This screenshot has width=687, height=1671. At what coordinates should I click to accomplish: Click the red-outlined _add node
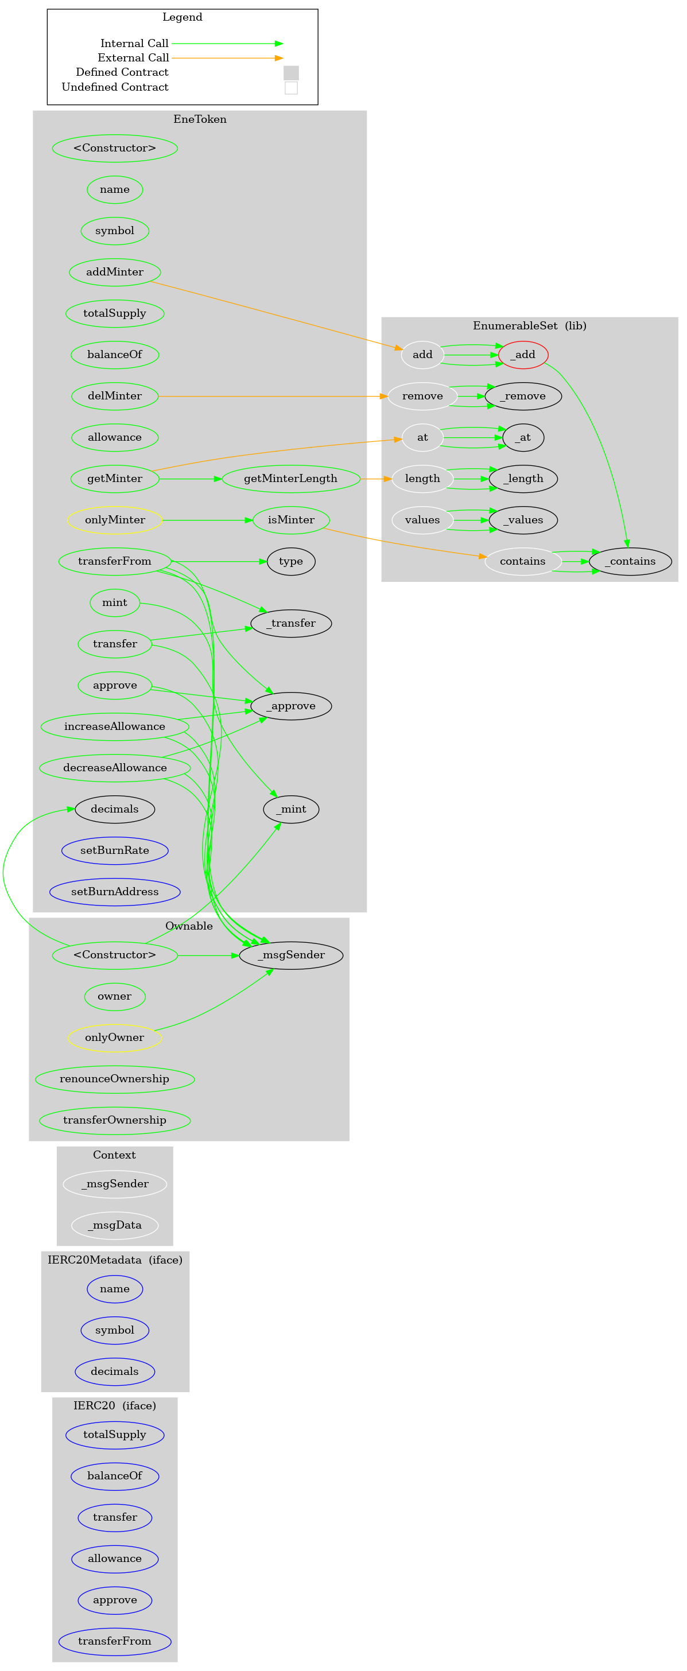(523, 355)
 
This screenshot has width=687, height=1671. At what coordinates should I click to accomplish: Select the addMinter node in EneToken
(115, 272)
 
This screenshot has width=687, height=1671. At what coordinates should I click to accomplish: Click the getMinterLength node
(290, 479)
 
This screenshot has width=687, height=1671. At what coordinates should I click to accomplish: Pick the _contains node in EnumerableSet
(630, 561)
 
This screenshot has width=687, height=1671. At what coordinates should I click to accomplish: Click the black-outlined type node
(290, 561)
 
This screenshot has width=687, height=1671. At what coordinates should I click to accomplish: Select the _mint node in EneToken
(290, 809)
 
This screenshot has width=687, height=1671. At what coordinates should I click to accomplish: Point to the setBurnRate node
(115, 850)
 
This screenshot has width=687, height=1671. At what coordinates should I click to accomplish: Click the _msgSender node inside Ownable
(290, 955)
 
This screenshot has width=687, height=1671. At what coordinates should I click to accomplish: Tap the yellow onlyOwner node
(115, 1037)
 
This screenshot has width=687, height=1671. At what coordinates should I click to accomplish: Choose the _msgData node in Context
(115, 1225)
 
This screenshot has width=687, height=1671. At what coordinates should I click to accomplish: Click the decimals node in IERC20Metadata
(115, 1371)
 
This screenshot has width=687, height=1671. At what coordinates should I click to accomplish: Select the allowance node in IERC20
(115, 1558)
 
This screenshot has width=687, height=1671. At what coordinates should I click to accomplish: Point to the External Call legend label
(133, 58)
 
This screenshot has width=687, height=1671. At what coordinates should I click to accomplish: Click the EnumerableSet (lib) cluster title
(529, 325)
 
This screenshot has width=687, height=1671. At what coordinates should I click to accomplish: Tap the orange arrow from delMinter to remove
(273, 396)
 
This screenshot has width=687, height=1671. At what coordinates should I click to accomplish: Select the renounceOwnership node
(115, 1079)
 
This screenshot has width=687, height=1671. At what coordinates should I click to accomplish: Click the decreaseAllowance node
(115, 768)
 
